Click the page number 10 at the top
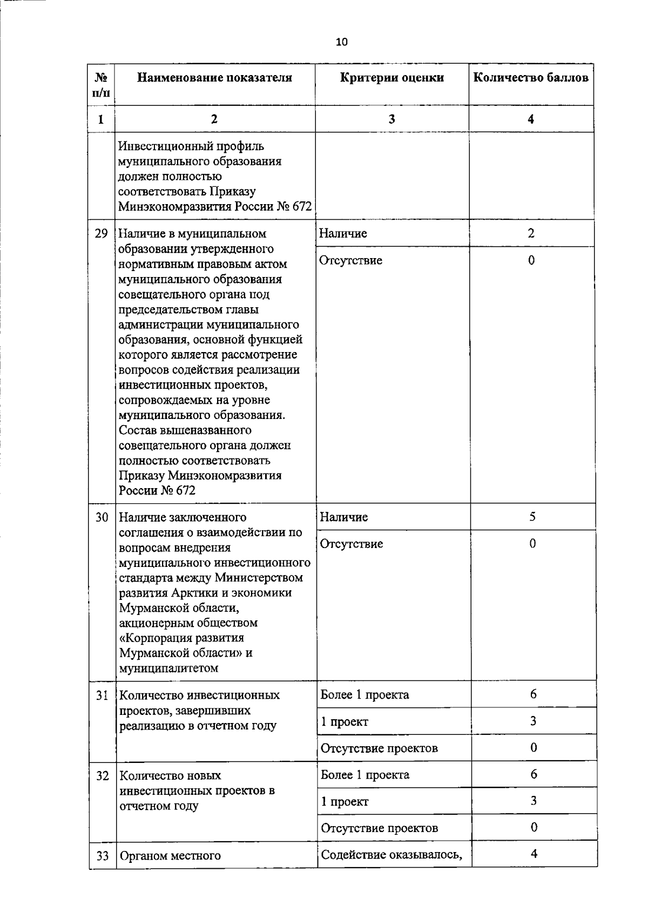(x=342, y=42)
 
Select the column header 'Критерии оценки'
(x=392, y=78)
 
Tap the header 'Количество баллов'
(x=531, y=78)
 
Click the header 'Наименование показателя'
(x=214, y=78)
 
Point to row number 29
(x=102, y=234)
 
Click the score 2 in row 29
(x=531, y=233)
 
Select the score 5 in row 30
(x=532, y=517)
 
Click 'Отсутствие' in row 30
(x=352, y=544)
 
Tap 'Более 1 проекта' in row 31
(x=364, y=695)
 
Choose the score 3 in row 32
(x=534, y=801)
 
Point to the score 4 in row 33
(x=534, y=854)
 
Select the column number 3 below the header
(x=391, y=119)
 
